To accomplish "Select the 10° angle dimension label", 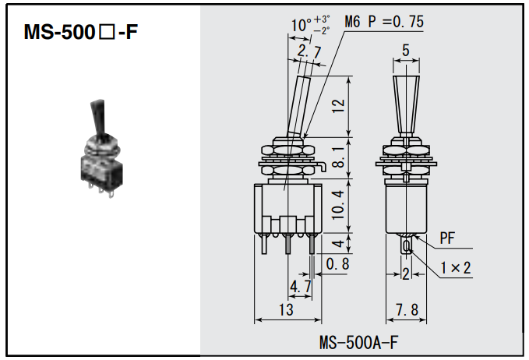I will point(301,25).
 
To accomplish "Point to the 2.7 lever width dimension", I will point(309,52).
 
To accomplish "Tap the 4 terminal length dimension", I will point(337,243).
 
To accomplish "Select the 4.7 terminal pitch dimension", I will point(300,287).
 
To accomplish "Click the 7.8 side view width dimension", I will point(406,310).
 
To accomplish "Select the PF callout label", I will point(447,237).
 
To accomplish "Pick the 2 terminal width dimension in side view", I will point(406,273).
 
